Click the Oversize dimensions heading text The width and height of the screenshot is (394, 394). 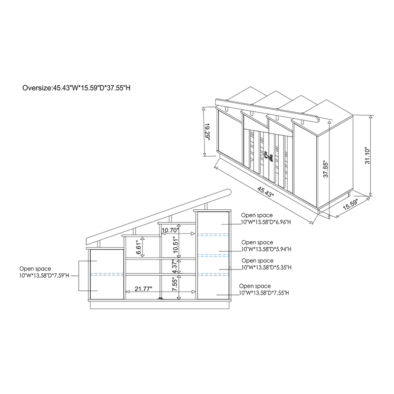76,88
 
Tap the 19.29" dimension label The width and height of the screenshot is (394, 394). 207,131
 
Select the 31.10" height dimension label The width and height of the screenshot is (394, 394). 367,156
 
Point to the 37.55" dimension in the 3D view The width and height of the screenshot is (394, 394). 326,169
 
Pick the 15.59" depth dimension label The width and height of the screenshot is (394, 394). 351,204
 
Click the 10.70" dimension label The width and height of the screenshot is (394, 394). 170,230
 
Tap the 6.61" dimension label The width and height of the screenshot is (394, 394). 139,247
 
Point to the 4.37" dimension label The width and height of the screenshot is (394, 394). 175,266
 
